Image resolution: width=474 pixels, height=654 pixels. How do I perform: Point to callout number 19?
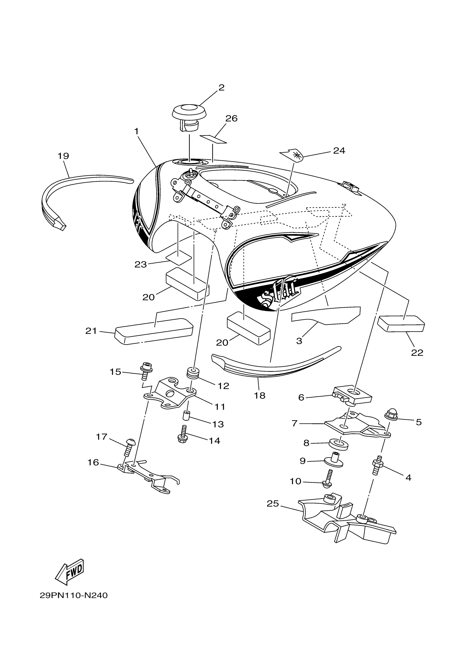64,156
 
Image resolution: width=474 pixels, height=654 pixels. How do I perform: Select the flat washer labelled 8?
339,444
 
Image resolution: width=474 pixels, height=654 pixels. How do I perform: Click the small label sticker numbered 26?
214,139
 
